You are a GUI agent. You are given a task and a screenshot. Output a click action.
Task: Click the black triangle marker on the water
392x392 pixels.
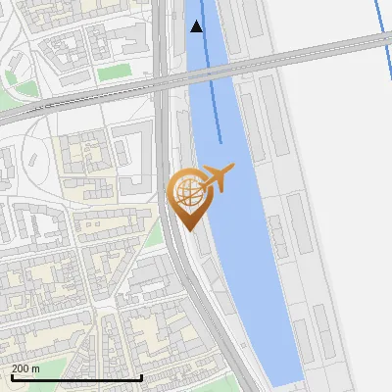(x=196, y=26)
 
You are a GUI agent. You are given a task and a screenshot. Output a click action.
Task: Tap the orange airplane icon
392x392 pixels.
(x=218, y=178)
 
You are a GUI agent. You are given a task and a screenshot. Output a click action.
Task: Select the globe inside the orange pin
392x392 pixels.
(x=186, y=190)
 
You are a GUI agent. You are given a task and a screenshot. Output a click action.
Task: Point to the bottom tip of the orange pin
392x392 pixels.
(x=186, y=229)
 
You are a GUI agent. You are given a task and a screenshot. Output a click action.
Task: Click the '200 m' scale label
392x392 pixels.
(x=25, y=367)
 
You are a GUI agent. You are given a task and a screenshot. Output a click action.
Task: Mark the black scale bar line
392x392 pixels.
(x=75, y=377)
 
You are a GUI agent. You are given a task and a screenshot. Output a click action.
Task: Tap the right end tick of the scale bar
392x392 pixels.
(x=142, y=375)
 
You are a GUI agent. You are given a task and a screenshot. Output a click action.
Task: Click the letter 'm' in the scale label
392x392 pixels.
(x=35, y=367)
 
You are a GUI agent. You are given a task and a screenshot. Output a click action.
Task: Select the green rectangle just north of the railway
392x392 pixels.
(x=114, y=73)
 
